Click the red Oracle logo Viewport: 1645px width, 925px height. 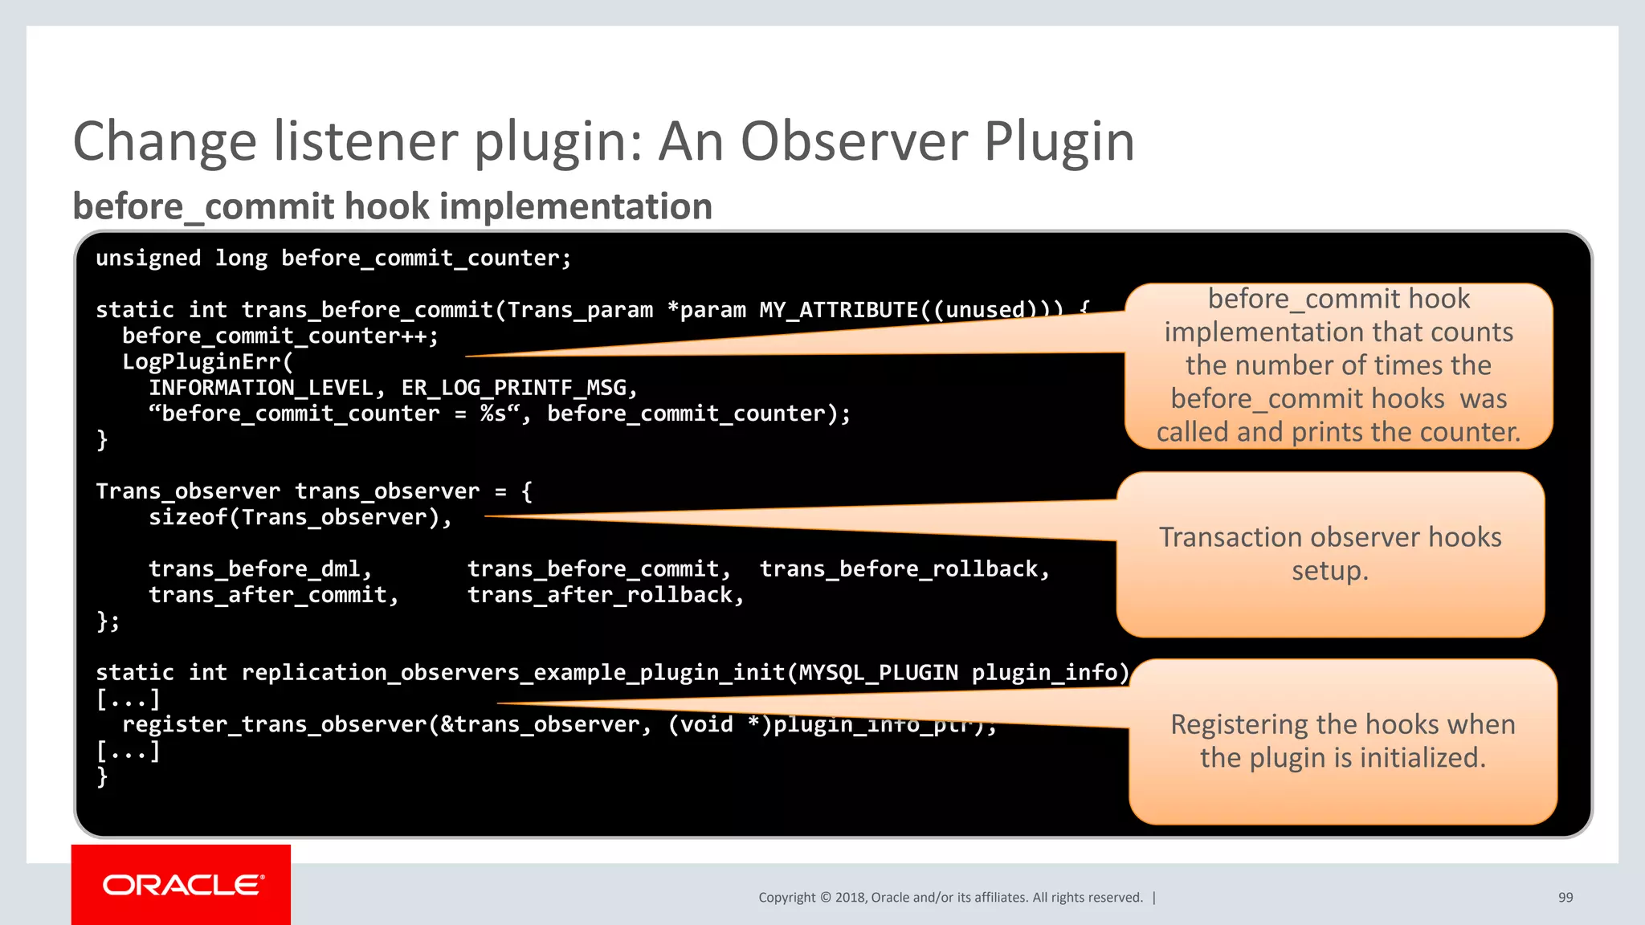(182, 885)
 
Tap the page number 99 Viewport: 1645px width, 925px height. (1565, 898)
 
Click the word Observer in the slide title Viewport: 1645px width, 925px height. (855, 141)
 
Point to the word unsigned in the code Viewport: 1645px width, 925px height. (148, 259)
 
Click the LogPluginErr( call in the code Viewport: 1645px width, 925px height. (207, 362)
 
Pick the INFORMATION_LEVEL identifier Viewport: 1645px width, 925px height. (261, 389)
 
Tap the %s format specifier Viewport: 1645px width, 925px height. (492, 414)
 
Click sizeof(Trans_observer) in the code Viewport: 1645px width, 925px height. (294, 518)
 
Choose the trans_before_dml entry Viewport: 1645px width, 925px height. (255, 569)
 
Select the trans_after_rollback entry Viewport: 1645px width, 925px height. (600, 595)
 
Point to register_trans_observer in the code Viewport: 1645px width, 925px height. (274, 725)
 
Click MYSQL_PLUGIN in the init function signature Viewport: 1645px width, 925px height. (878, 673)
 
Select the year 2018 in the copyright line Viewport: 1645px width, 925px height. (850, 898)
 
